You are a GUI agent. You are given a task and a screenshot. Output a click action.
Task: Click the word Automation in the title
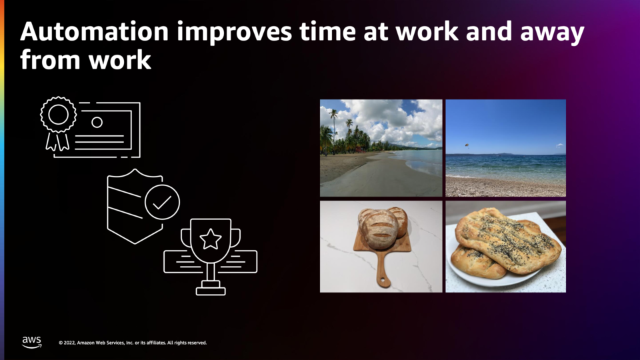94,31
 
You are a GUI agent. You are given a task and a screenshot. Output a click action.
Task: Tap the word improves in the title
234,33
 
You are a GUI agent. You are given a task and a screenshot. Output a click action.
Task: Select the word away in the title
552,33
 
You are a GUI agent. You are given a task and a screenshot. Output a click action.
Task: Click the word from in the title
50,59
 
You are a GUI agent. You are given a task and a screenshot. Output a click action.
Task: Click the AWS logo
31,342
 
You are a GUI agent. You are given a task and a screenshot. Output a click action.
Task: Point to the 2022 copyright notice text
133,343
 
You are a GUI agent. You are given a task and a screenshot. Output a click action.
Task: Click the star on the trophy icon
210,239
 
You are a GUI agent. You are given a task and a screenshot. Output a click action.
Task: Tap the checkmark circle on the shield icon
162,202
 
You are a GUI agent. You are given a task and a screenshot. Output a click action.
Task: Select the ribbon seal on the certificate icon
58,123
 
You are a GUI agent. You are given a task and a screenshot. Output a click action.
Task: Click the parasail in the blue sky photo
467,145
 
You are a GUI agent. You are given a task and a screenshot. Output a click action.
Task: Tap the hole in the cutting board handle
383,281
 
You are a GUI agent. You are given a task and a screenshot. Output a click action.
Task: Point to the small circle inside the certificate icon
97,122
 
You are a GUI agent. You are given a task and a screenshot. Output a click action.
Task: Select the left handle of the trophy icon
186,237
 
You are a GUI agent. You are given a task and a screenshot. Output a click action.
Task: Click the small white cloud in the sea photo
559,145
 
